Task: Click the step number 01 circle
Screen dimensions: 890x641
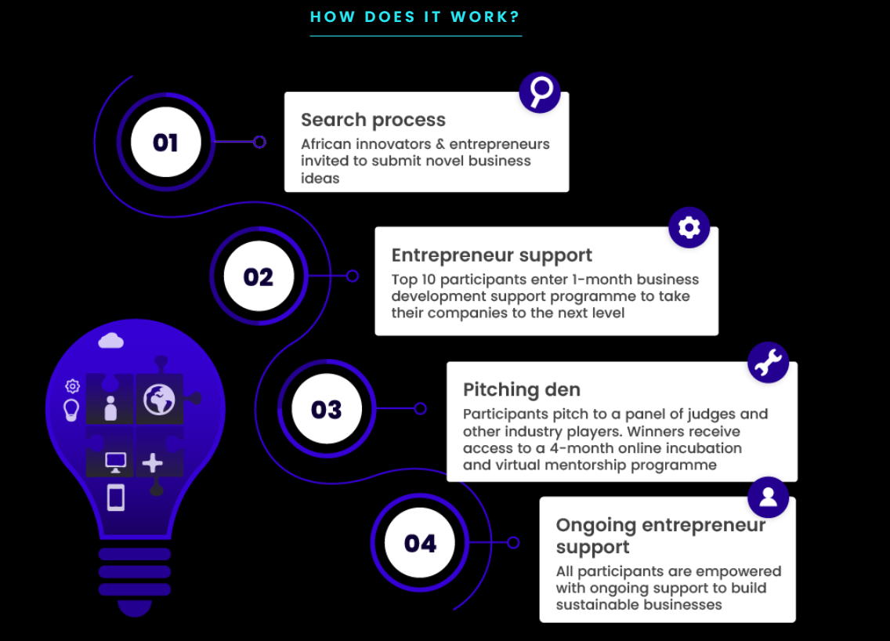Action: click(x=166, y=142)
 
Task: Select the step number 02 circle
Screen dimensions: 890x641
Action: click(x=259, y=276)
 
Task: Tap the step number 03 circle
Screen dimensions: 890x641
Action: click(x=327, y=409)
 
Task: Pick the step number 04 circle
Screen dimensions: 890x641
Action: click(x=420, y=543)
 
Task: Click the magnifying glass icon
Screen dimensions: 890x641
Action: click(x=540, y=92)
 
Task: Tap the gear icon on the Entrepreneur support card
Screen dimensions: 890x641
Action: click(x=689, y=228)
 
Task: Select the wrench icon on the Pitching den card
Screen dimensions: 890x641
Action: click(x=768, y=362)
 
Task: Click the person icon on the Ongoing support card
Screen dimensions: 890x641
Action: click(x=768, y=498)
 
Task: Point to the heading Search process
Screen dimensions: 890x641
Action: click(x=373, y=120)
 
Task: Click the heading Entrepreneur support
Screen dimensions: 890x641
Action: click(x=491, y=255)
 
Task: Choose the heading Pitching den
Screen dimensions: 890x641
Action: click(x=522, y=389)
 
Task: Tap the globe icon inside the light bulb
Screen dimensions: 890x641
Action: click(x=159, y=400)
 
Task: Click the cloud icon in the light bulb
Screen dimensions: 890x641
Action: click(x=110, y=341)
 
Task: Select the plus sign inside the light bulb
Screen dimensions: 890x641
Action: click(x=152, y=463)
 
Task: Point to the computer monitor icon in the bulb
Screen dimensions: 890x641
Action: click(x=116, y=462)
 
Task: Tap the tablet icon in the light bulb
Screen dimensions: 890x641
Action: click(x=116, y=498)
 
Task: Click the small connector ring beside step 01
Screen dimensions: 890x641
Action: click(x=259, y=142)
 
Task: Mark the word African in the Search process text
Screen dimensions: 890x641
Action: click(x=327, y=144)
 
